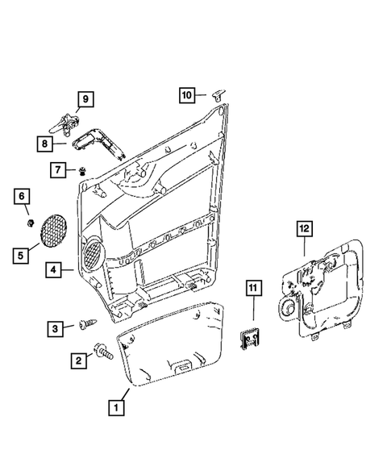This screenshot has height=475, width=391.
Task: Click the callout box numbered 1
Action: (118, 408)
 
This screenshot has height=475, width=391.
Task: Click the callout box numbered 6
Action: (22, 196)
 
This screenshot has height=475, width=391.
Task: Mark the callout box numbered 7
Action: (60, 170)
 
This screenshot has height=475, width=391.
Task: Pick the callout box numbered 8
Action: (48, 143)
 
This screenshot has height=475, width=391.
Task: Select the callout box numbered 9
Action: (85, 100)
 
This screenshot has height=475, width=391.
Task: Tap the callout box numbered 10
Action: (187, 95)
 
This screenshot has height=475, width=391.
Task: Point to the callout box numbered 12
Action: (303, 228)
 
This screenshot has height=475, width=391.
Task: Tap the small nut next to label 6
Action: (29, 221)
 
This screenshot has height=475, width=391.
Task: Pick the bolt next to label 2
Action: (103, 352)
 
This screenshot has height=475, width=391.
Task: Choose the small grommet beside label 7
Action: (83, 169)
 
